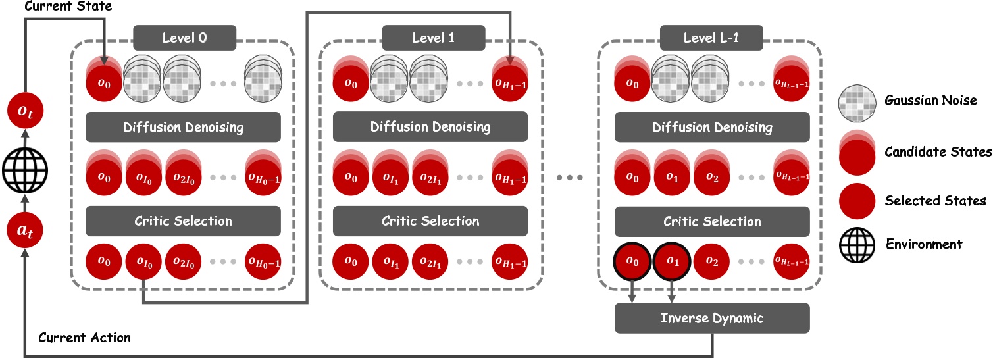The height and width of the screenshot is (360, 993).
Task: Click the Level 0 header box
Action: click(184, 38)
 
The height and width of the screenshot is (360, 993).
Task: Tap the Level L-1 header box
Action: click(712, 38)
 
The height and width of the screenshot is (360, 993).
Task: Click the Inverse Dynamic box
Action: click(712, 318)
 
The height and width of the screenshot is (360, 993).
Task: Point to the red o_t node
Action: click(24, 113)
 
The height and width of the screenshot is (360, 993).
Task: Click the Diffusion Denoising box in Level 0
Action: click(184, 127)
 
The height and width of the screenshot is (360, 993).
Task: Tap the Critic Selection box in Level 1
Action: click(430, 220)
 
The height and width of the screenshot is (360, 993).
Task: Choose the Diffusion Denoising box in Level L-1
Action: click(712, 127)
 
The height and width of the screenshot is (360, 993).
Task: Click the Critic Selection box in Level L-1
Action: click(712, 220)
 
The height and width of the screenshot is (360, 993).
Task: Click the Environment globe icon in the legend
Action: click(858, 244)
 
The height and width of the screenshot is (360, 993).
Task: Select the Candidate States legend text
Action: click(940, 152)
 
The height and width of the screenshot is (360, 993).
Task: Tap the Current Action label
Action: click(84, 338)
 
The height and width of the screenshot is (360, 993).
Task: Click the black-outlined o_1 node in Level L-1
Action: click(671, 261)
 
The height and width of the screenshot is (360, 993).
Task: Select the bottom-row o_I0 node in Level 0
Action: click(143, 261)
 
